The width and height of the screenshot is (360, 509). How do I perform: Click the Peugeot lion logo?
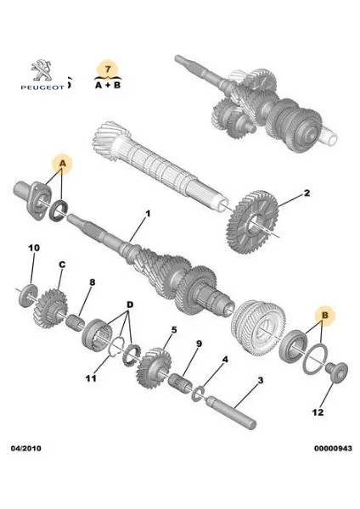tap(42, 70)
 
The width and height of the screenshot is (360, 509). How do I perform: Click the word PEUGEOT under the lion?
tap(42, 87)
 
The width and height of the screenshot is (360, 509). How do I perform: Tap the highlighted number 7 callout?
tap(108, 69)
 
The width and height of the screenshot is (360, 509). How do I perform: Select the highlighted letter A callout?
tap(63, 164)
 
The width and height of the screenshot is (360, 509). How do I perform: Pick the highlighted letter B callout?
tap(324, 315)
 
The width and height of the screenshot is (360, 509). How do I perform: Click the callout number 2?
tap(307, 193)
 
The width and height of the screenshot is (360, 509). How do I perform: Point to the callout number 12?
tap(318, 412)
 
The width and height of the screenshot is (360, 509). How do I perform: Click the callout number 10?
tap(34, 248)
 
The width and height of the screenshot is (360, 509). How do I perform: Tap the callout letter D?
tap(130, 305)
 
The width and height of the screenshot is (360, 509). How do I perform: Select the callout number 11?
tap(91, 378)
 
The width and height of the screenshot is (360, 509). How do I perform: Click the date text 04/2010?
tap(26, 448)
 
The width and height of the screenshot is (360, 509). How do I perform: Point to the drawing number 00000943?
tap(333, 448)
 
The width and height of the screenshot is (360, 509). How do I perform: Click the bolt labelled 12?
tap(336, 372)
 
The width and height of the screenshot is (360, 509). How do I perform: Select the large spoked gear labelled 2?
tap(252, 221)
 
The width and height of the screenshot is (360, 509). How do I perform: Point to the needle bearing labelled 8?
tap(75, 322)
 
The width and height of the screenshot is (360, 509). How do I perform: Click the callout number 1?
tap(148, 214)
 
